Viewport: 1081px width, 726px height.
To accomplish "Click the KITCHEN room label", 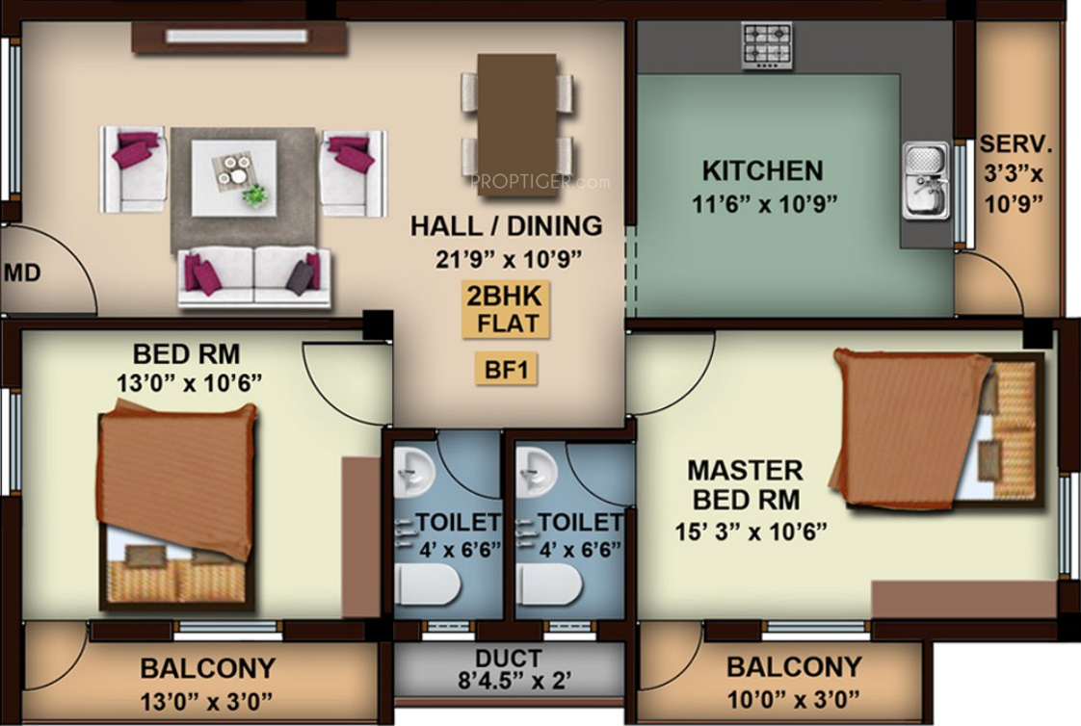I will tap(762, 171).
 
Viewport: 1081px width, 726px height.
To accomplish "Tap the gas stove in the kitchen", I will tap(767, 45).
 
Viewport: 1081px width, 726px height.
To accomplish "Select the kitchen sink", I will tap(924, 181).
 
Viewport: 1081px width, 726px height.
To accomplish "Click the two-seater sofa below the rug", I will tap(253, 275).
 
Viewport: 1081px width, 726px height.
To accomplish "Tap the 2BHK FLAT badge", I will tap(505, 310).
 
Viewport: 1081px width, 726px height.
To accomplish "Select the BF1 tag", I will tap(506, 370).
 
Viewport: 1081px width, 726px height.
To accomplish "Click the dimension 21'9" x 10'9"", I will tap(506, 257).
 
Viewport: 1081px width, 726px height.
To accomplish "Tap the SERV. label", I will tap(1016, 145).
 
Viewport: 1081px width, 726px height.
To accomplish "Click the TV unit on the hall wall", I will tap(239, 37).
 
